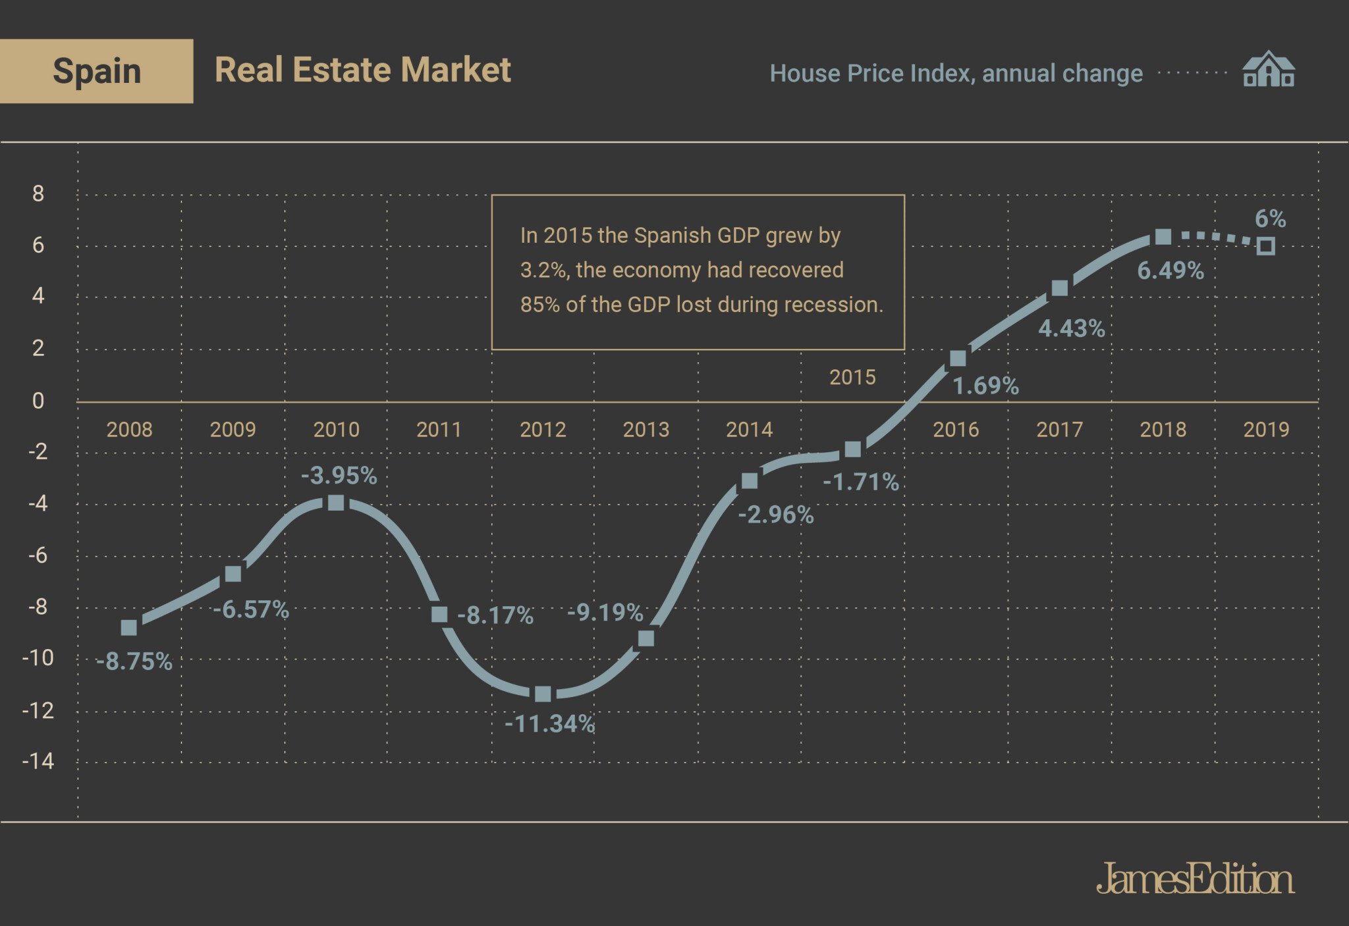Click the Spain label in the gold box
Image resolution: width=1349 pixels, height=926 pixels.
coord(97,71)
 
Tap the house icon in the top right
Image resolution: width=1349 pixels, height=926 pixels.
coord(1268,70)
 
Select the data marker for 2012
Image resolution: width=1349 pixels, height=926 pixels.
coord(543,694)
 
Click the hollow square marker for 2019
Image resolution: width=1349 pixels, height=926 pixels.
coord(1265,246)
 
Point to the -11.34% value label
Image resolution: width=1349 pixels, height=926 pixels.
coord(550,724)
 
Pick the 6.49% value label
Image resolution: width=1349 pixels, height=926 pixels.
coord(1170,270)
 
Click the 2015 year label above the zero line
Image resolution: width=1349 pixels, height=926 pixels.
coord(852,377)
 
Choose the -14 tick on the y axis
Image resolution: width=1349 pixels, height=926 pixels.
coord(38,761)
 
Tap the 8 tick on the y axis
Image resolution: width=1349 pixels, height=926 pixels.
coord(38,193)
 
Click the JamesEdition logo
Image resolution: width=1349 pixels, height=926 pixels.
coord(1195,879)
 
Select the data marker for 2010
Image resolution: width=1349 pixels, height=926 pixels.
coord(336,503)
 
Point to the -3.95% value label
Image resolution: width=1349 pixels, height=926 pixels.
coord(339,475)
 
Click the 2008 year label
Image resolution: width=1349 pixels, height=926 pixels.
coord(129,430)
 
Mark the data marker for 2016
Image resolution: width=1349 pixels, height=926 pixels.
coord(958,358)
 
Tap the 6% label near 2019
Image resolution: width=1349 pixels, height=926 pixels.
coord(1270,219)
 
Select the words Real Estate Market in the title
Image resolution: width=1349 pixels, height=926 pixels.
coord(363,70)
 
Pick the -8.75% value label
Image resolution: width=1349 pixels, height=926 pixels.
coord(134,661)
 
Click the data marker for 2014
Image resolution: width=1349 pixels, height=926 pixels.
coord(750,481)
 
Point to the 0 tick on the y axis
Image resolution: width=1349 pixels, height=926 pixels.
coord(38,401)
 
